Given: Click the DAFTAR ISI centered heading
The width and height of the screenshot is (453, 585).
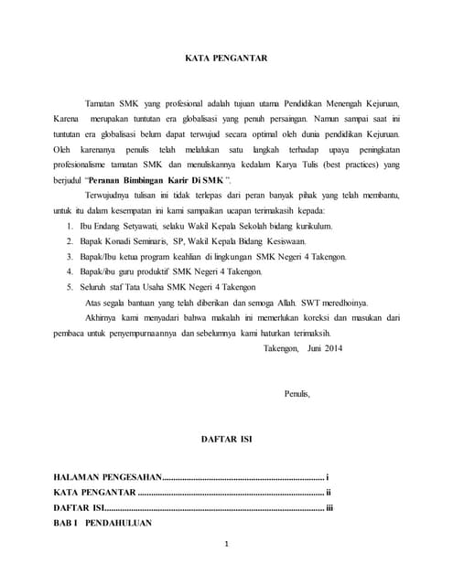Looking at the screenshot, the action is [226, 440].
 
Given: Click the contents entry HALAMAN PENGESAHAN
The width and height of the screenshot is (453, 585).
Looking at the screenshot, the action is [107, 478].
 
